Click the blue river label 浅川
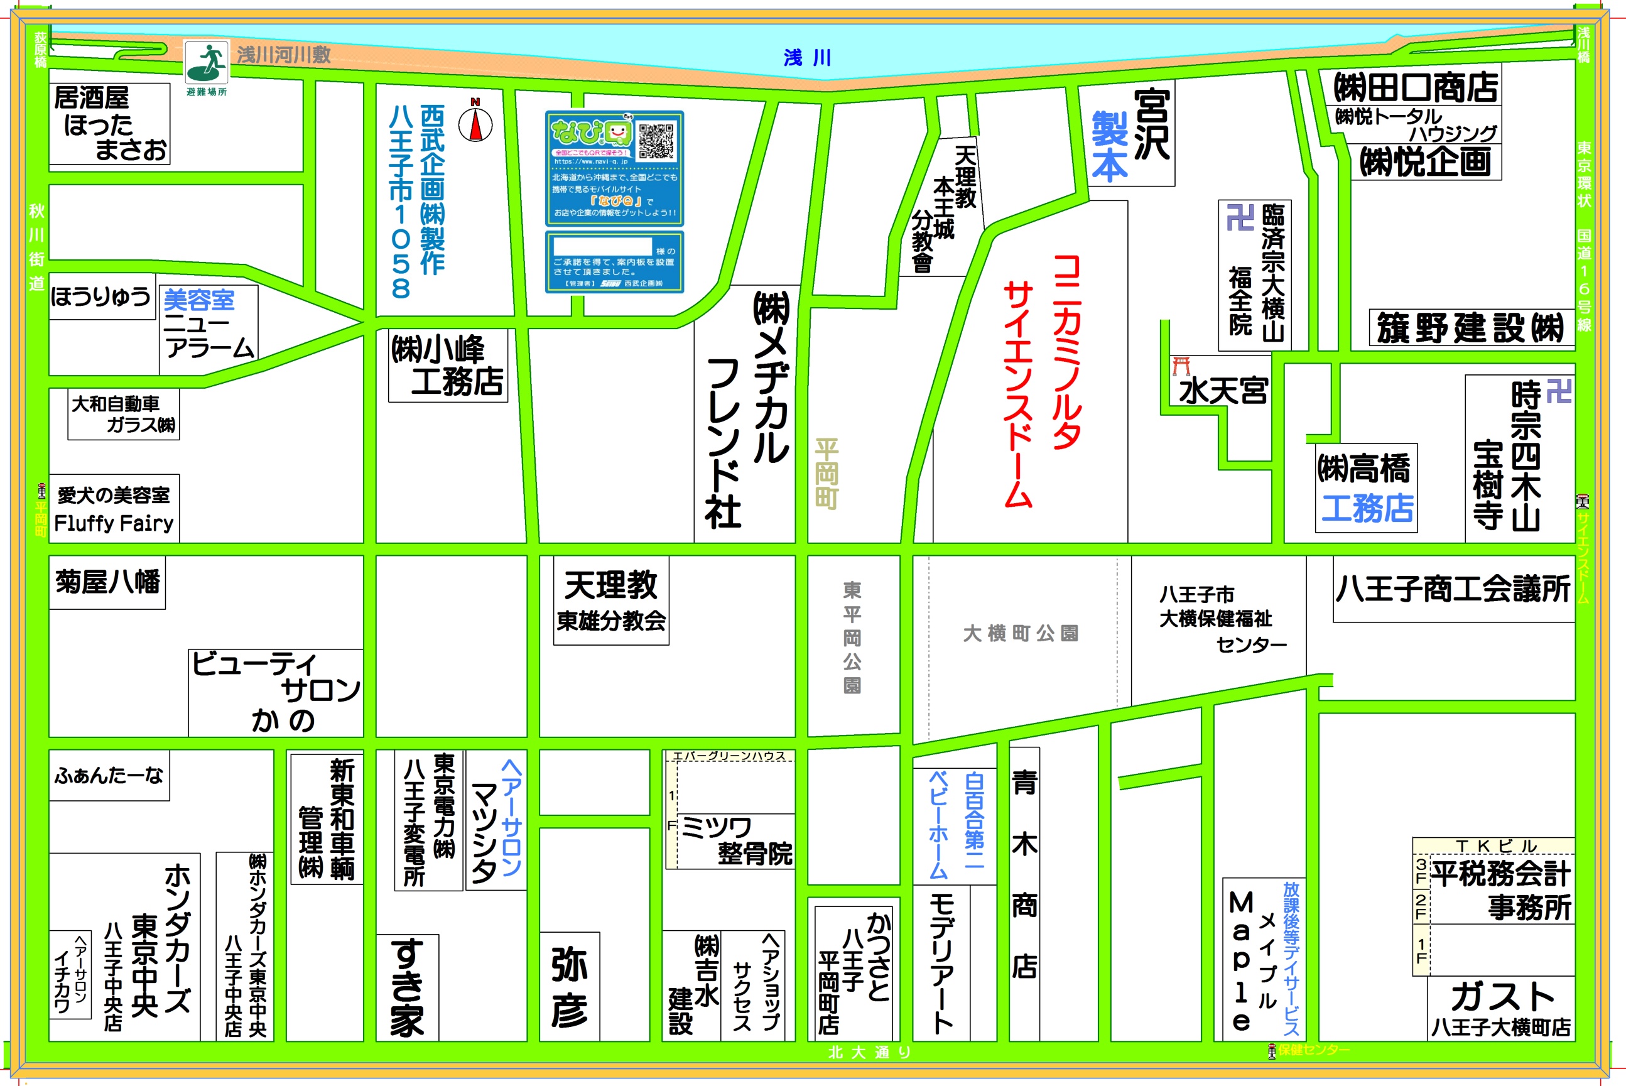pos(808,58)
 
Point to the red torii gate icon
pos(1181,366)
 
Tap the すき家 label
pos(407,987)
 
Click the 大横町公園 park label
pos(1020,633)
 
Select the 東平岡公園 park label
pos(852,637)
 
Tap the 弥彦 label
pos(569,987)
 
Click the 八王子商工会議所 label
pos(1453,589)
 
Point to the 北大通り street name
pos(870,1052)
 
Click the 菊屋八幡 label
pos(107,582)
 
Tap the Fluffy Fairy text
pos(114,523)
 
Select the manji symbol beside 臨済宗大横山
pos(1240,217)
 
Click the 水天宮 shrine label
pos(1223,391)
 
